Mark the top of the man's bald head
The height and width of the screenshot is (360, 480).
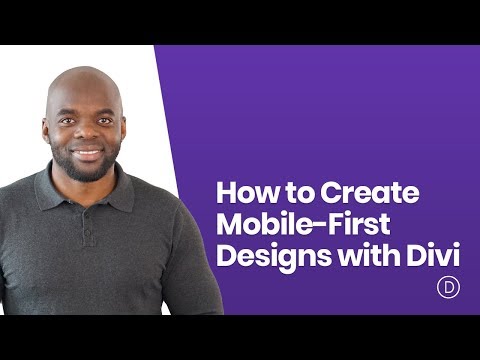[85, 72]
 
